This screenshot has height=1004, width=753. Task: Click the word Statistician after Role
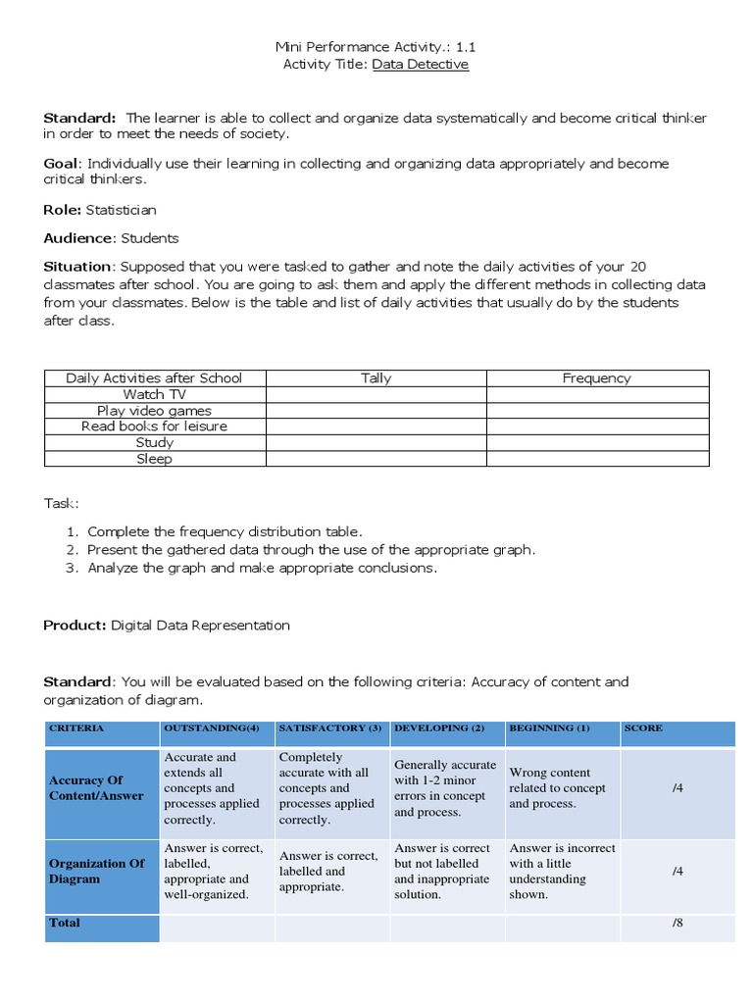(121, 210)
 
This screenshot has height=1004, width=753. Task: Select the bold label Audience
(79, 238)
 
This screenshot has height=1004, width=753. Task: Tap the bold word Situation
(78, 267)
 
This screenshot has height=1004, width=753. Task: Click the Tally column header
(376, 378)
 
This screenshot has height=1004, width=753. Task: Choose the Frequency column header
(596, 378)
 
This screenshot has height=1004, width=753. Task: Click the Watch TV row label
(154, 394)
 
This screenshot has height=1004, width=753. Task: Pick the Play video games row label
(154, 411)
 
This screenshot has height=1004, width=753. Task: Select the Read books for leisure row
(154, 427)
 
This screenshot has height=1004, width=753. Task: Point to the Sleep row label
(154, 459)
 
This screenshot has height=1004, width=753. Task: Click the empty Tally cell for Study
(376, 443)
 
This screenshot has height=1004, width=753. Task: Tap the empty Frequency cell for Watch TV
(596, 394)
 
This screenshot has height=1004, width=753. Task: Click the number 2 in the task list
(72, 550)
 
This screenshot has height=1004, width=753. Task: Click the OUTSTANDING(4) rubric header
(211, 728)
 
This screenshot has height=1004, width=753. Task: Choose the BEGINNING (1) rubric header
(549, 728)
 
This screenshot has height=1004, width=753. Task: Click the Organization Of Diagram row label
(96, 872)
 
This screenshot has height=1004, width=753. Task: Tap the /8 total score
(677, 924)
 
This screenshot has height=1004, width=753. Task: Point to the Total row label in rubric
(65, 924)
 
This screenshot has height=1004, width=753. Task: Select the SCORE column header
(643, 728)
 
